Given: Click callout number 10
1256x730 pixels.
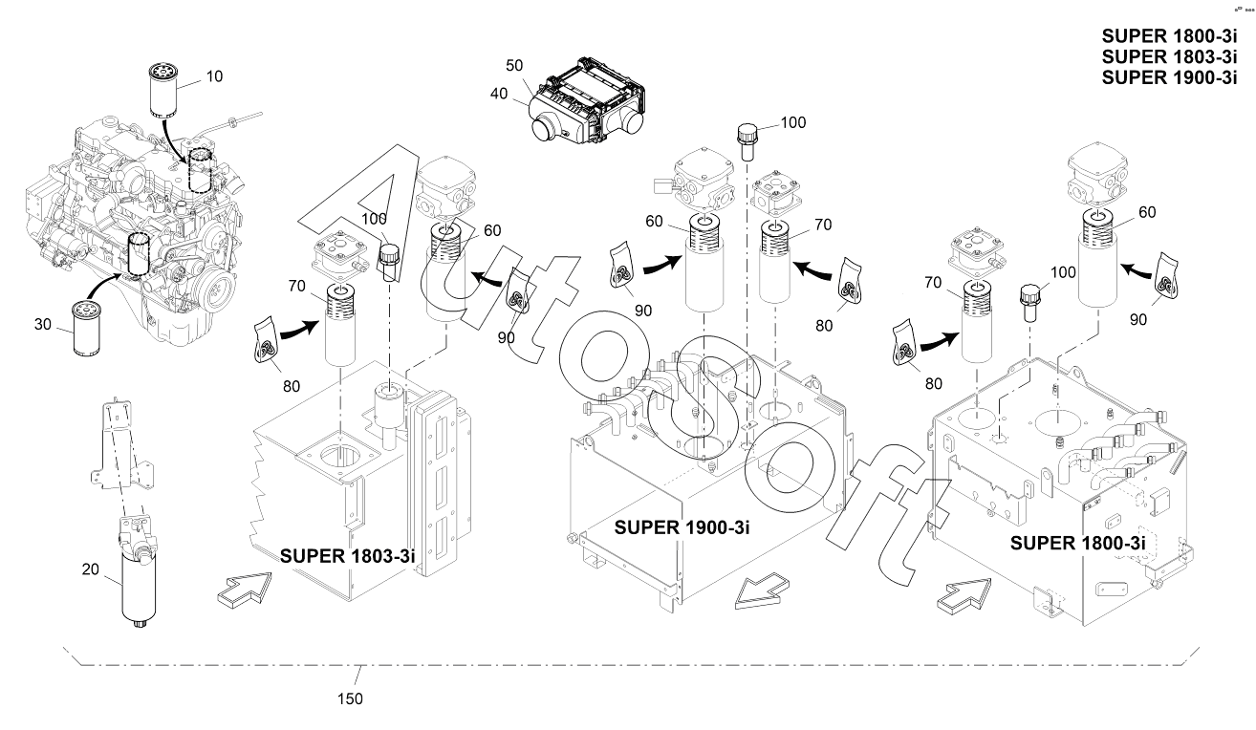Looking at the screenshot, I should tap(214, 75).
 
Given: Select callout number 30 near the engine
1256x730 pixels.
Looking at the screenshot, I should tap(42, 324).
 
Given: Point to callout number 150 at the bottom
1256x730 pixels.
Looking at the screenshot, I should tap(350, 698).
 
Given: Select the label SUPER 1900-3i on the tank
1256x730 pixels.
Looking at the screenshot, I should tap(680, 526).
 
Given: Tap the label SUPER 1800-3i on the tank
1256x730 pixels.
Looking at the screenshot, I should tap(1076, 544).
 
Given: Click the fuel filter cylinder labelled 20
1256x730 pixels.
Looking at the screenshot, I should tap(141, 586).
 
